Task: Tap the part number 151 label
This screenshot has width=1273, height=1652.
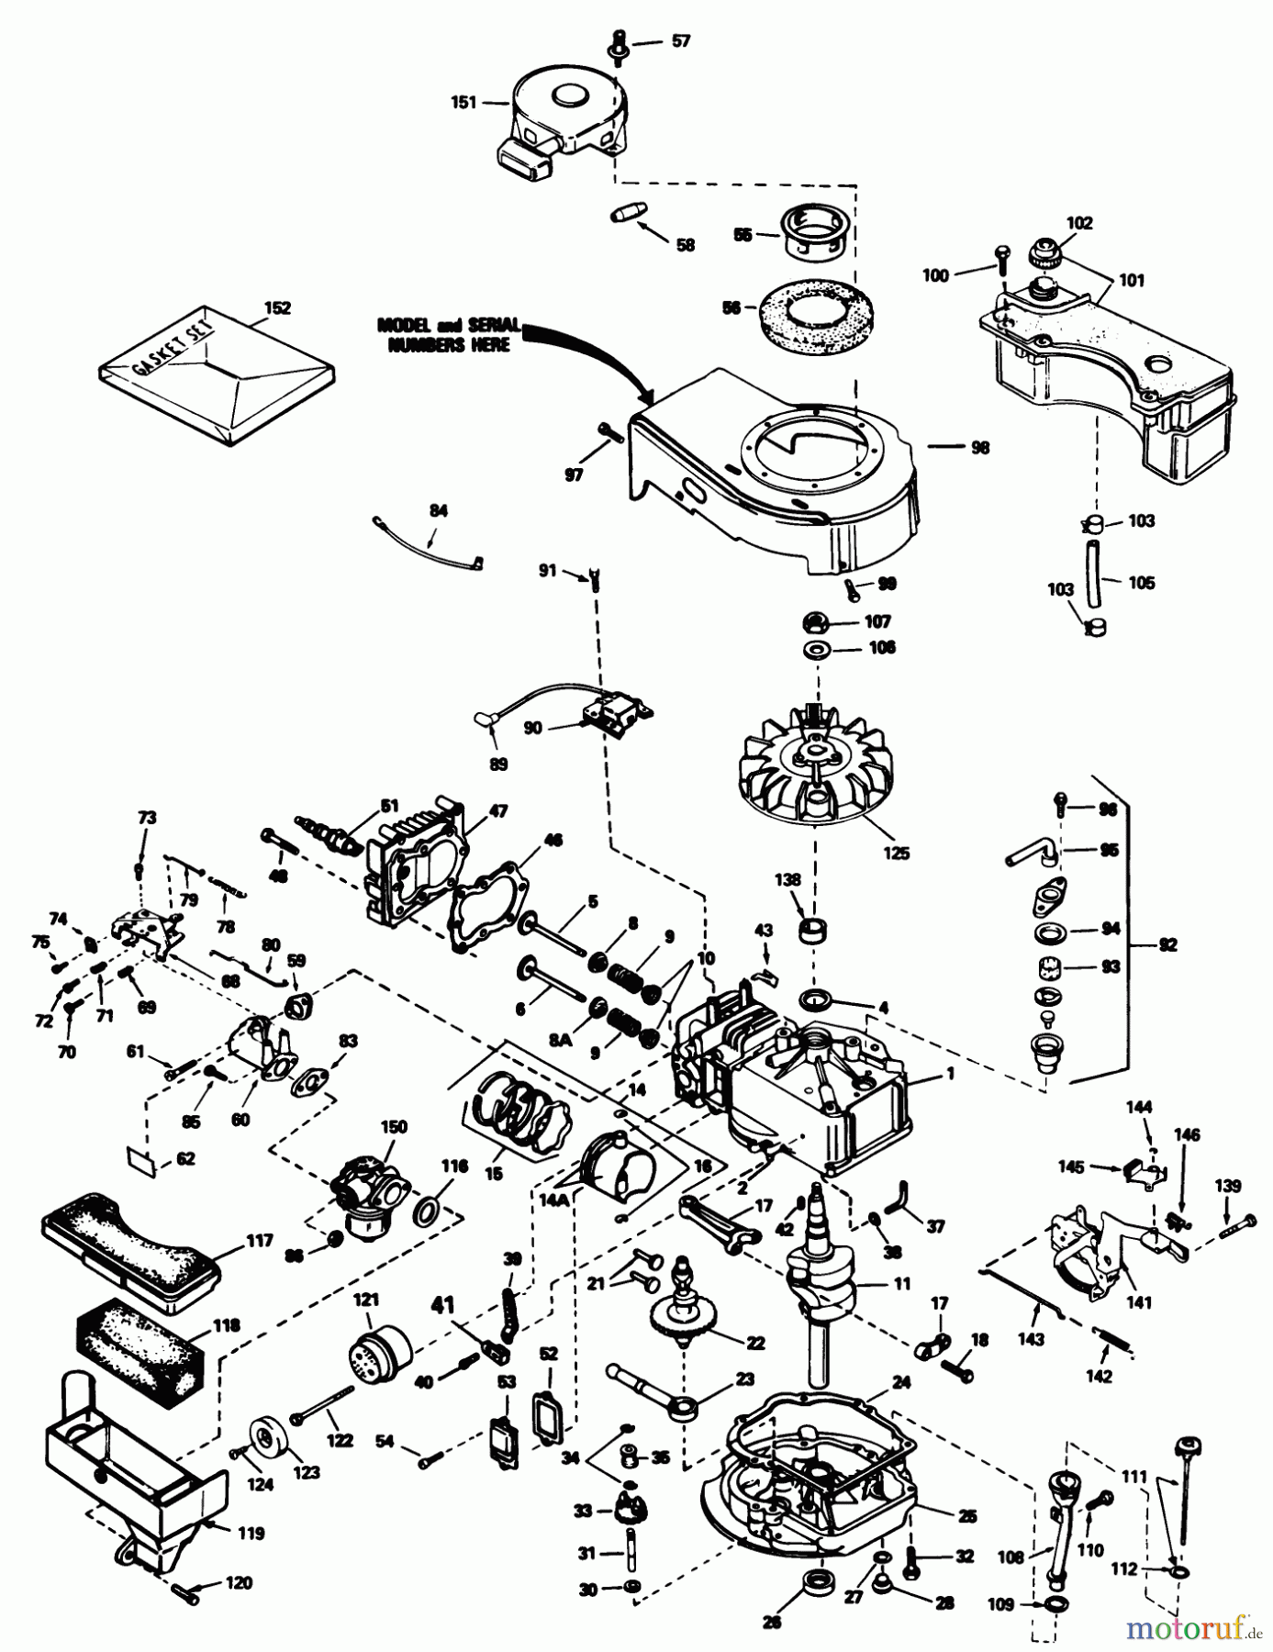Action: click(x=463, y=102)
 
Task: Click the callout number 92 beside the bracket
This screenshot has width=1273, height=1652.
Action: click(x=1166, y=944)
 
